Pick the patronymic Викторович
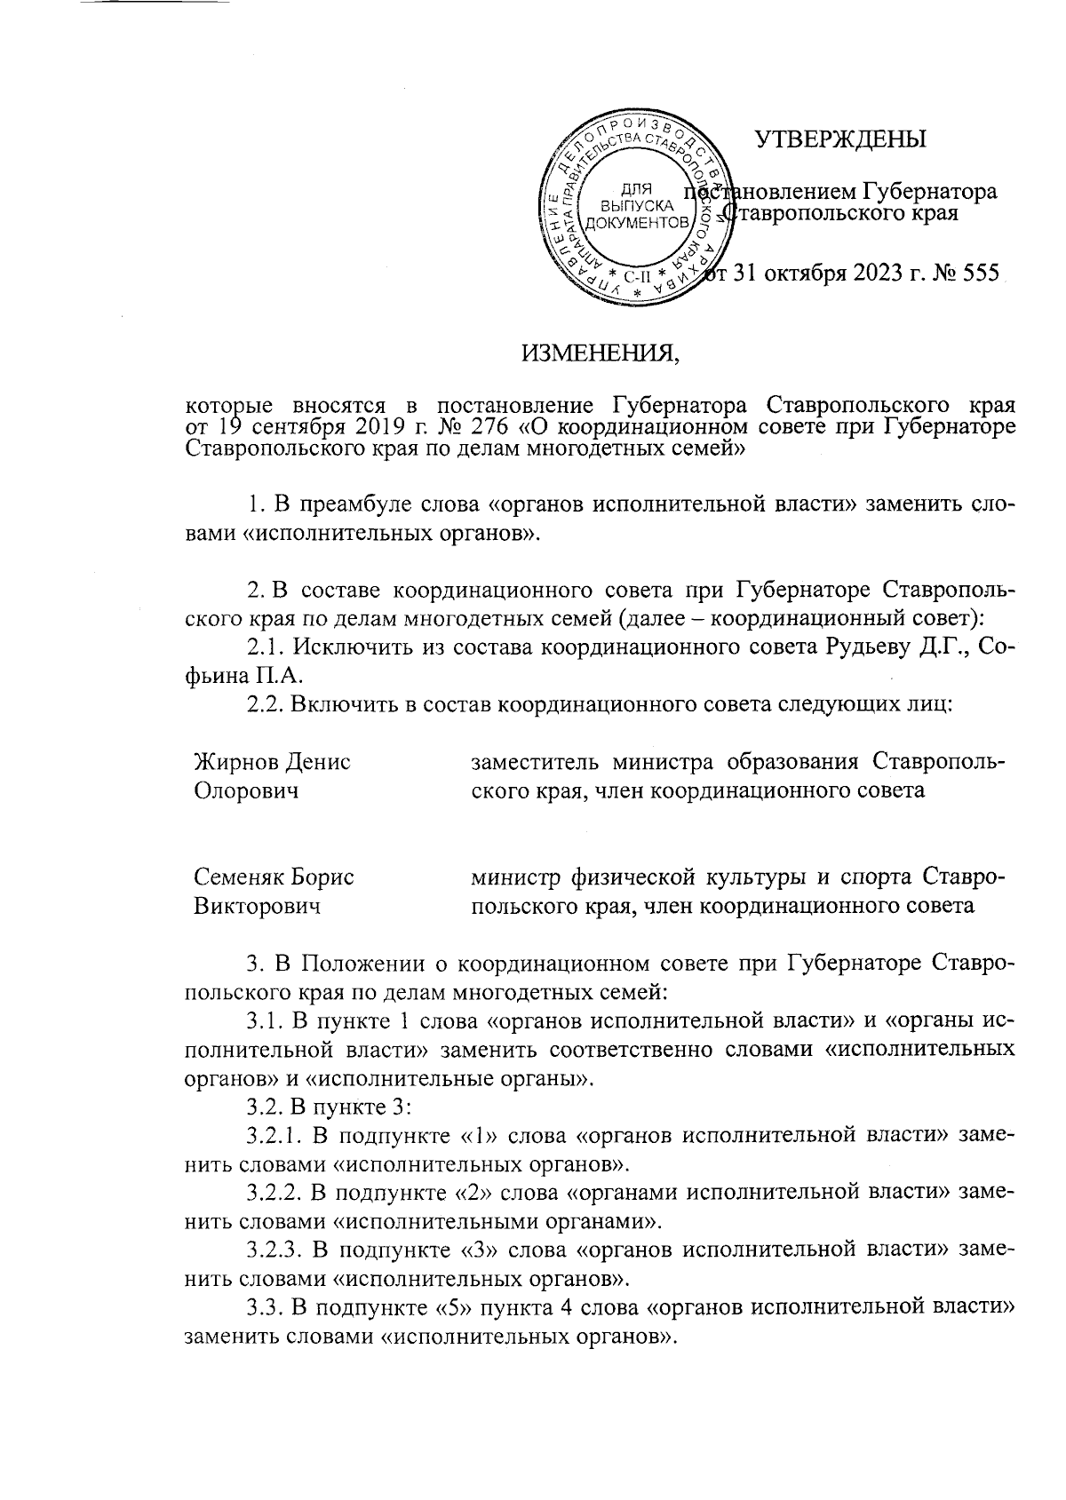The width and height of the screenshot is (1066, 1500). point(259,906)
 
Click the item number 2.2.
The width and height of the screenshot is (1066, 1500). point(264,704)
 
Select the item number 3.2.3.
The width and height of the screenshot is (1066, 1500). point(275,1250)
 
